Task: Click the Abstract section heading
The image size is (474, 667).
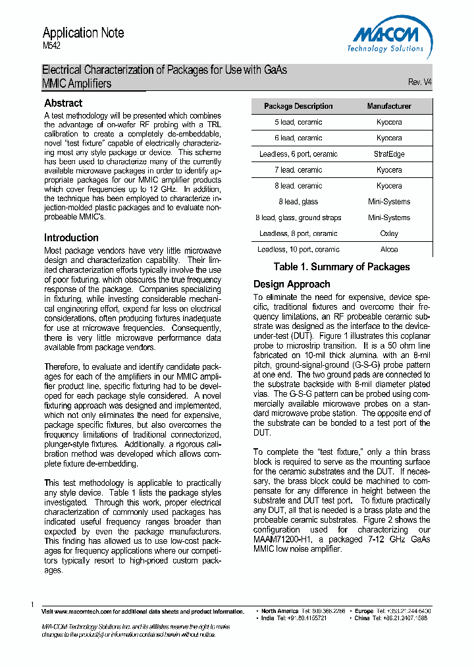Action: coord(63,103)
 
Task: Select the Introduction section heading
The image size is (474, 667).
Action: coord(71,237)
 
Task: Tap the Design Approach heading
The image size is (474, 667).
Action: coord(292,284)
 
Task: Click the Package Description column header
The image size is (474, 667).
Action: coord(298,106)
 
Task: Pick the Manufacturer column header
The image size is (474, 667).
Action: coord(389,106)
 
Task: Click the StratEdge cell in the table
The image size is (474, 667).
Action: coord(389,154)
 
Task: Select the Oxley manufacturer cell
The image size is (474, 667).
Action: coord(389,233)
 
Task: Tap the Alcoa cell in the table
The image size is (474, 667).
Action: coord(389,250)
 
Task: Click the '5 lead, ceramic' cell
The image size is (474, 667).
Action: coord(298,122)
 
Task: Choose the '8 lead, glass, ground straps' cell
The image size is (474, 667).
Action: coord(298,217)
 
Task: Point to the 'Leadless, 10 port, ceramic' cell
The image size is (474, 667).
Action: coord(298,250)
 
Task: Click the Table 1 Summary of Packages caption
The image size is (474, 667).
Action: coord(342,267)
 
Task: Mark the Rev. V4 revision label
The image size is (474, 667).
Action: coord(420,82)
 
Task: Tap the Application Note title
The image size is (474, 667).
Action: coord(83,33)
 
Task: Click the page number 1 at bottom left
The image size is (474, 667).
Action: coord(32,604)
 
